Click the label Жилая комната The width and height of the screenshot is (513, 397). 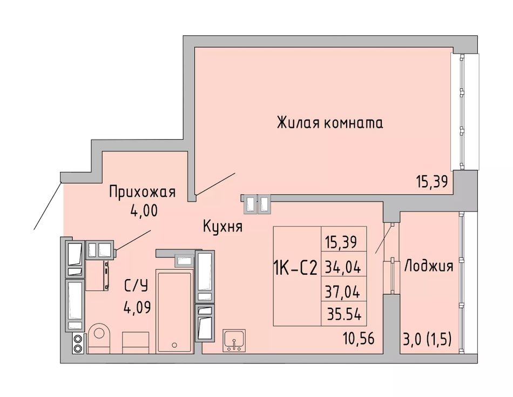click(330, 123)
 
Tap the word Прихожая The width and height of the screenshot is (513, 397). click(143, 192)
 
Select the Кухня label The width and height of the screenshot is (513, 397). click(223, 227)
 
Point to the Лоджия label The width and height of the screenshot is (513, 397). click(429, 266)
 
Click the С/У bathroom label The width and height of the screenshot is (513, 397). click(136, 286)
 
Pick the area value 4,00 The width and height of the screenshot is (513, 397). click(144, 211)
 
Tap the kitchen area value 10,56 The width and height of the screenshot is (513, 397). click(359, 338)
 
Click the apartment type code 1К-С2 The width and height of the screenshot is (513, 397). click(295, 268)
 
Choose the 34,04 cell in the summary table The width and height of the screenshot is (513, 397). click(343, 268)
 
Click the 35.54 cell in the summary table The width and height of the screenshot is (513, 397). click(344, 314)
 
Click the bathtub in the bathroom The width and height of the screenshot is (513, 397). click(174, 311)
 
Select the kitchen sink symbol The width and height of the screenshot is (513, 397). click(234, 341)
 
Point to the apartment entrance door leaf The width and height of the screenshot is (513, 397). click(48, 206)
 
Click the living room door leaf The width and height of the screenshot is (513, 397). click(214, 184)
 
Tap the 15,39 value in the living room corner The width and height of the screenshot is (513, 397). click(431, 182)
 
